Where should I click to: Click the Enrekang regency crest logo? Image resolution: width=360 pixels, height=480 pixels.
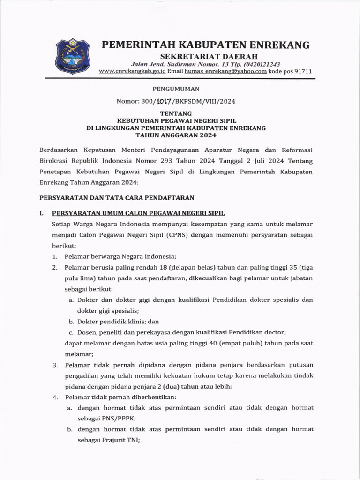pos(73,56)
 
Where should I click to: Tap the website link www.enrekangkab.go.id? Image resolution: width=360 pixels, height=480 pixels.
pos(132,71)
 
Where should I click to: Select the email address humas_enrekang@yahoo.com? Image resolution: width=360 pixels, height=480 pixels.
pos(225,71)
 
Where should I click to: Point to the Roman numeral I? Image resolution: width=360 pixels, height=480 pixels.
pos(41,213)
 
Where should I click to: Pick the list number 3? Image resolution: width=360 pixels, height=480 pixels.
pos(55,365)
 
